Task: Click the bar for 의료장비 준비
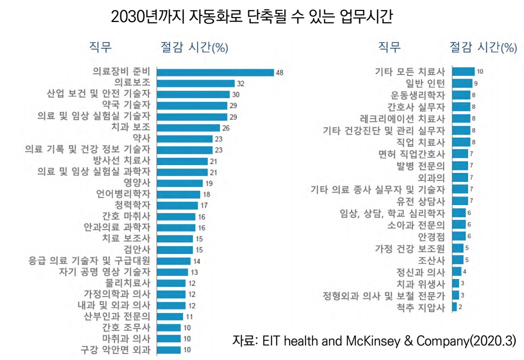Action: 215,72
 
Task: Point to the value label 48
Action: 279,72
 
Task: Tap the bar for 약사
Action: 184,138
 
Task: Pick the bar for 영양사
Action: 180,183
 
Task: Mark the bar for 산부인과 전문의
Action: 170,316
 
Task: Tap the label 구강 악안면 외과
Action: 116,349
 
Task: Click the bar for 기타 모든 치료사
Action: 463,71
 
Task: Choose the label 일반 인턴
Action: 425,83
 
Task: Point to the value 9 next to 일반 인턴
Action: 476,83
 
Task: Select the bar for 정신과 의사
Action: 456,271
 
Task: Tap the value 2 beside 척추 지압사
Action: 460,307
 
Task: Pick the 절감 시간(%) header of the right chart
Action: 482,47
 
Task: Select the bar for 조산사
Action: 457,259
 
